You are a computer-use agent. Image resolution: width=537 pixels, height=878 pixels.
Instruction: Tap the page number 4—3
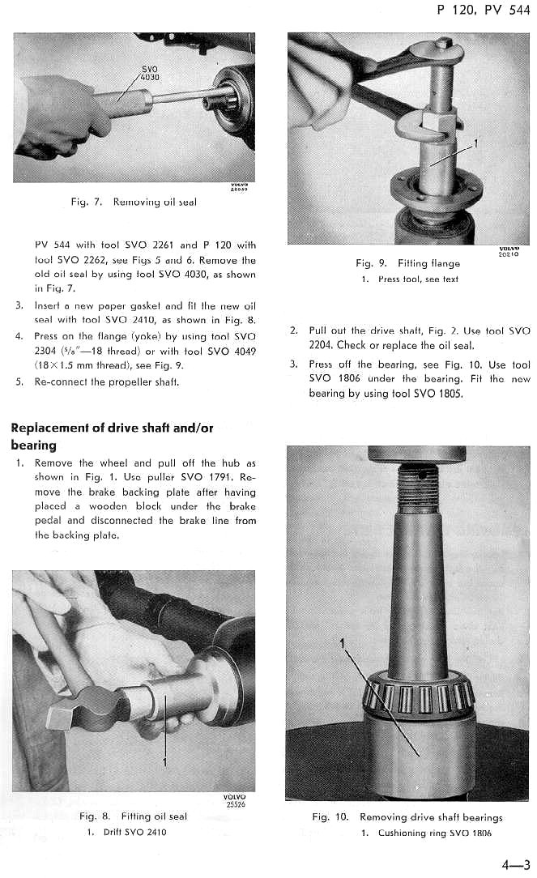(x=515, y=864)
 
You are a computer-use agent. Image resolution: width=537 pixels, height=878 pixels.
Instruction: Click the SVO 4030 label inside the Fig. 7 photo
(x=150, y=74)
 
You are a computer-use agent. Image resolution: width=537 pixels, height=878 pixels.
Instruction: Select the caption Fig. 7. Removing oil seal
(x=133, y=201)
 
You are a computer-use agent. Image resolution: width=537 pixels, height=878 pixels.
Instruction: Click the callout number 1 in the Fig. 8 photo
(x=165, y=761)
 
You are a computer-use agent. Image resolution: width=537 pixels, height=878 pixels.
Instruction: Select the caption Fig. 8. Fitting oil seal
(x=133, y=816)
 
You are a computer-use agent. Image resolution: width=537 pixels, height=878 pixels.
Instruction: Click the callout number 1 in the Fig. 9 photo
(x=475, y=143)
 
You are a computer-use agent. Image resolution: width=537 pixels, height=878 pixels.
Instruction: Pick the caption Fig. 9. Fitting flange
(x=407, y=263)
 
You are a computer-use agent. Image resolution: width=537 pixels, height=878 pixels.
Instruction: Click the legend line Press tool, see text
(x=410, y=279)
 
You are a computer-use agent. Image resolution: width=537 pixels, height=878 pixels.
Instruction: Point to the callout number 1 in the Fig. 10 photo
(x=343, y=642)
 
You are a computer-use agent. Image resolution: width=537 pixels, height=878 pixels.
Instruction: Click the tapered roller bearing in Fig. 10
(x=418, y=696)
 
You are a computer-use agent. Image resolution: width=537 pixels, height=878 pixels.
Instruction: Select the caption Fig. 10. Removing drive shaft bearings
(x=407, y=817)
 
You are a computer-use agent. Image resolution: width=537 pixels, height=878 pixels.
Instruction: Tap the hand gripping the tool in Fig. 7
(x=61, y=113)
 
